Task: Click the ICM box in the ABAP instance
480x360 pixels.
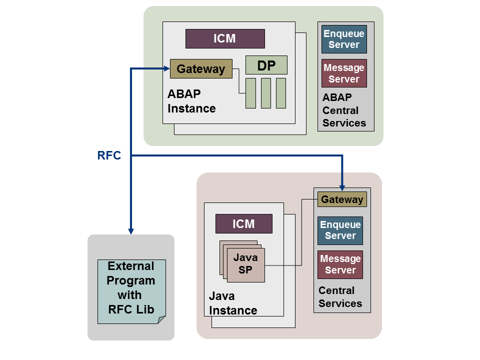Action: click(225, 38)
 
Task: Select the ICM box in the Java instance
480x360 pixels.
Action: click(243, 223)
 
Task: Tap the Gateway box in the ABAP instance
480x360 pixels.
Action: click(201, 69)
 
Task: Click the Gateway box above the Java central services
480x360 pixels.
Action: click(342, 199)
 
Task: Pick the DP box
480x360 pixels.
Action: click(266, 65)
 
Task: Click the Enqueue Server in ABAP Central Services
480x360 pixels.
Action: click(344, 39)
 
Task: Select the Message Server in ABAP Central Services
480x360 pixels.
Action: click(344, 73)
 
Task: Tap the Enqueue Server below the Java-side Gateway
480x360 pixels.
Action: click(340, 230)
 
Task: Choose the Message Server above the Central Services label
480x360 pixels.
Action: click(340, 264)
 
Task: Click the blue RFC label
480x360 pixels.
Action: click(109, 155)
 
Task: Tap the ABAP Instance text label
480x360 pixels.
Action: click(191, 101)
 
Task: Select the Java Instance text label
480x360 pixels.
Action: click(233, 303)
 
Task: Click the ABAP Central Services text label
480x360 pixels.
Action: click(344, 110)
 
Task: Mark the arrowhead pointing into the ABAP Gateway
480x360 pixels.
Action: click(166, 68)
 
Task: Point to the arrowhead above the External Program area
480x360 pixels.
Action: click(131, 230)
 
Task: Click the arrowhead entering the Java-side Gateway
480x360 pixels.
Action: click(342, 187)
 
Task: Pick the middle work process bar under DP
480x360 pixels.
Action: click(266, 93)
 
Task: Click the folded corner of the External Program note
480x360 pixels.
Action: click(161, 319)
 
